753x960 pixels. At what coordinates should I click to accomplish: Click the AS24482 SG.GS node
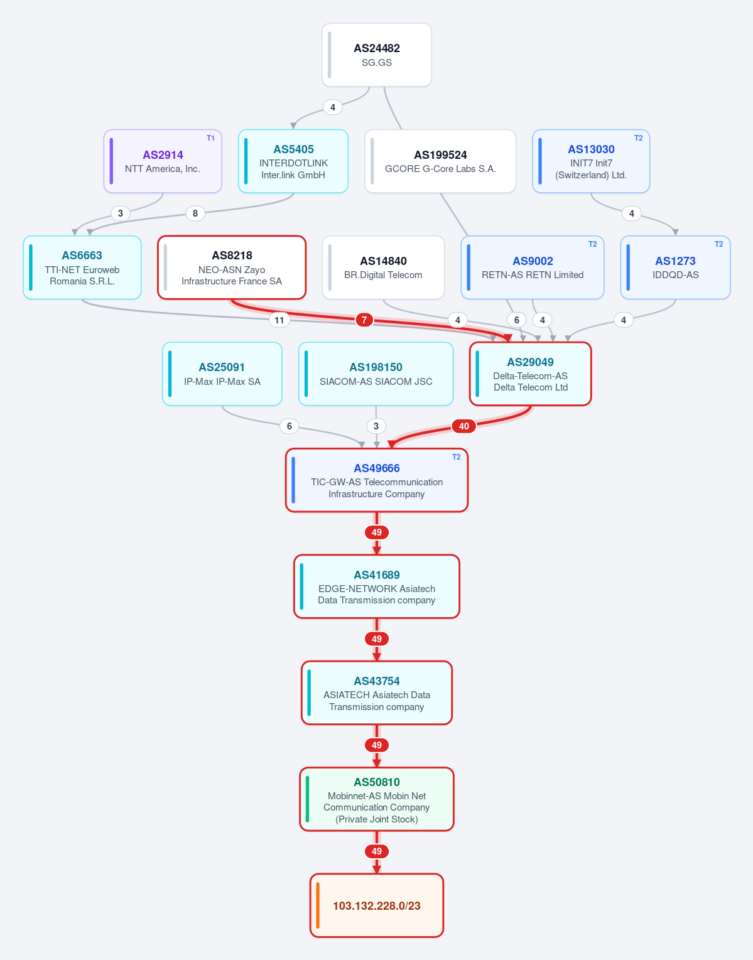point(377,55)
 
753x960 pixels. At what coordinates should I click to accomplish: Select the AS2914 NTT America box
point(163,161)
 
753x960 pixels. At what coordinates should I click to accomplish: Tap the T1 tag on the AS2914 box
point(211,138)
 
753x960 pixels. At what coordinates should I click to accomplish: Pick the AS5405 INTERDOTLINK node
point(293,161)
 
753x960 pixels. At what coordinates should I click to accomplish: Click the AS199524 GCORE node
point(440,161)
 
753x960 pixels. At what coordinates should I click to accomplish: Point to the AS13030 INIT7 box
point(591,161)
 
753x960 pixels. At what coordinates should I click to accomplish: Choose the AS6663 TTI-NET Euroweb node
point(82,267)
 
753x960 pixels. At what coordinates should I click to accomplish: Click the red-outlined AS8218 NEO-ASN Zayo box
point(232,267)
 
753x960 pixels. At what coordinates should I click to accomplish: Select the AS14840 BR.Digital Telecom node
point(383,267)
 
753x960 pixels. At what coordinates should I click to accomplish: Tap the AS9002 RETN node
point(533,267)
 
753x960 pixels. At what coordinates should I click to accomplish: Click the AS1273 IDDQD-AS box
point(675,267)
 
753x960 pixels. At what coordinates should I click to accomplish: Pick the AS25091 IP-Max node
point(222,374)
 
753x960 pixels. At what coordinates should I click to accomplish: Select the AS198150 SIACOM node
point(376,374)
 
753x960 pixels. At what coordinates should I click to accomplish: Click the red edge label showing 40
point(463,426)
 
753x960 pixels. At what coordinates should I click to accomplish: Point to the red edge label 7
point(364,320)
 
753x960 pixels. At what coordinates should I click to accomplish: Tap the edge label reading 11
point(279,320)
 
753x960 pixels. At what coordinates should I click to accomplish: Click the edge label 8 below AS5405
point(195,213)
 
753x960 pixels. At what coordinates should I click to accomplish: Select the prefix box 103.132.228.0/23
point(377,905)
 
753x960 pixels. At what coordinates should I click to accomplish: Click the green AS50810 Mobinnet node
point(377,799)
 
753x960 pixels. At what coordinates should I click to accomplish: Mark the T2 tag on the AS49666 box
point(457,457)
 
